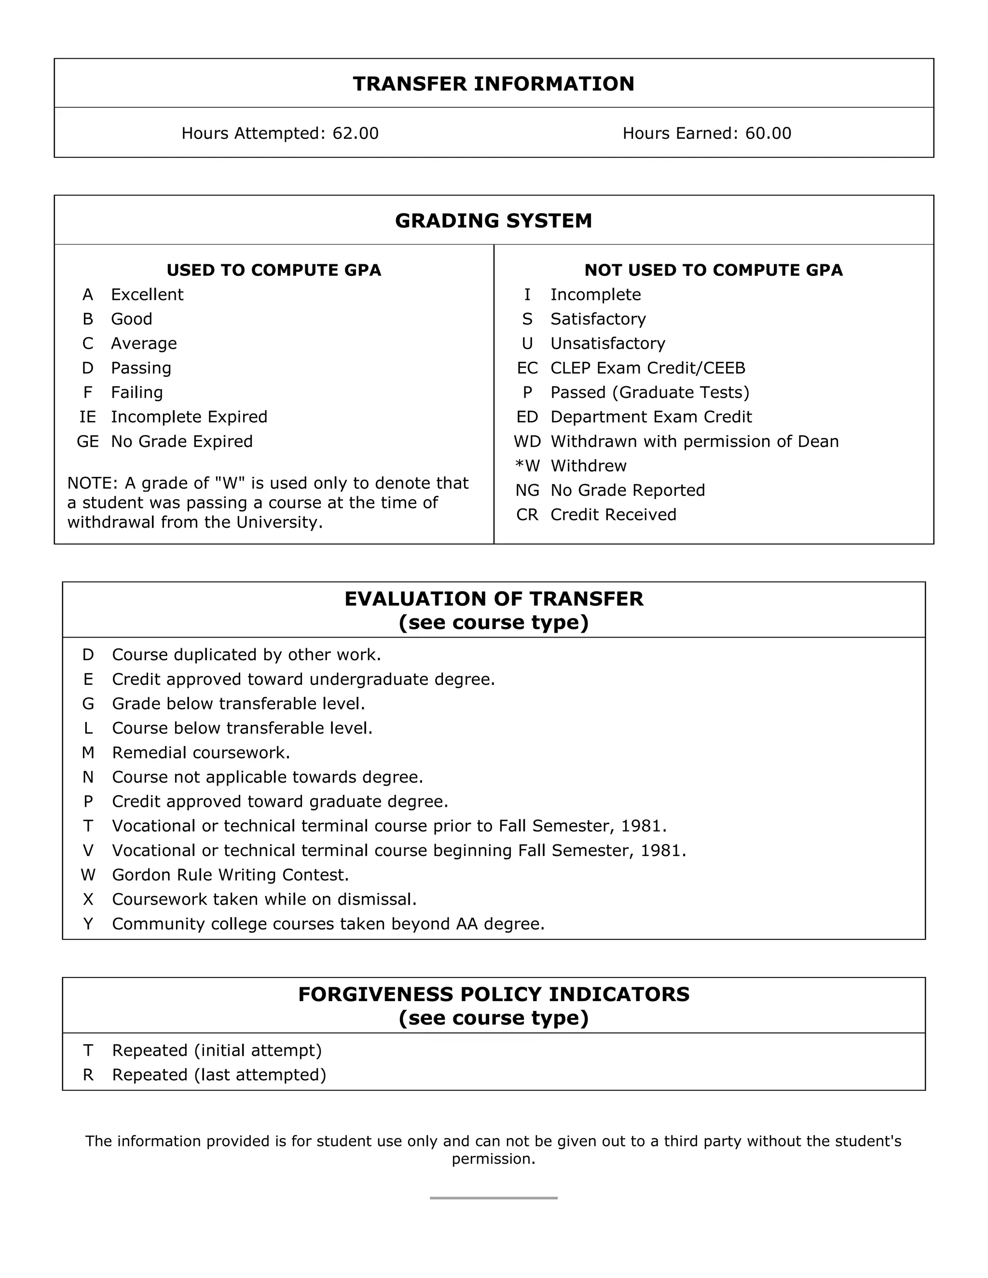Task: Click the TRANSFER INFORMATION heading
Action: (x=494, y=84)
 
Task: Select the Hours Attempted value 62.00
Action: (x=355, y=134)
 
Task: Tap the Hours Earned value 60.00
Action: (x=768, y=134)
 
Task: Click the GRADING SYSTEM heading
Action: (x=494, y=220)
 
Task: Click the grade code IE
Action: (x=88, y=417)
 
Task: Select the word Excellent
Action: (x=147, y=294)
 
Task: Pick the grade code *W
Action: (x=527, y=466)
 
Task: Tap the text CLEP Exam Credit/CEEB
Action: (x=647, y=368)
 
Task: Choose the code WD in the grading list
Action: (x=527, y=441)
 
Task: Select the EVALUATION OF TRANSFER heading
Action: (x=494, y=599)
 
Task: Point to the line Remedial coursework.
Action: (x=201, y=752)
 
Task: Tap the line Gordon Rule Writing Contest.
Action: (x=230, y=875)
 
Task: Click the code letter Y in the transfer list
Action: (x=88, y=924)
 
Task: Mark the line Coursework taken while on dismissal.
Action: (x=264, y=899)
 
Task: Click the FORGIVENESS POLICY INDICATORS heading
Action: (x=494, y=995)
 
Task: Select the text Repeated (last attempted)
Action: (x=219, y=1075)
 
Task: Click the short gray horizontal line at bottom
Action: (x=494, y=1198)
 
